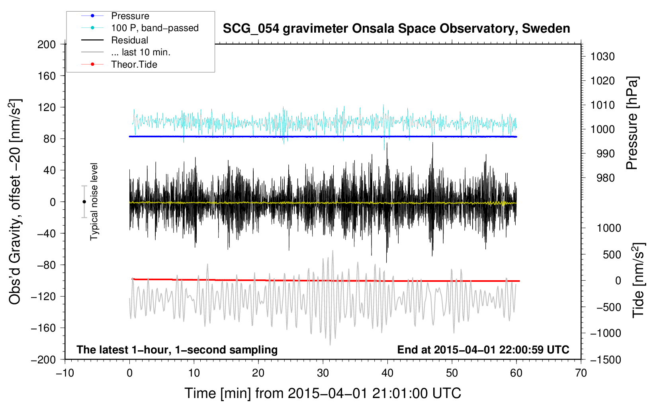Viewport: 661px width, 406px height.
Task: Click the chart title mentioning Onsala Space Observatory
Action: pyautogui.click(x=396, y=29)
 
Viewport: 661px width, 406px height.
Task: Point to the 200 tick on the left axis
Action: pyautogui.click(x=47, y=45)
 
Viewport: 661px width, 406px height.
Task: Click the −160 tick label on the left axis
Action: pyautogui.click(x=43, y=328)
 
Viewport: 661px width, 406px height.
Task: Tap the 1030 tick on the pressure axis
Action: pyautogui.click(x=602, y=57)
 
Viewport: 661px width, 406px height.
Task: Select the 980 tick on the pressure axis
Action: pyautogui.click(x=606, y=178)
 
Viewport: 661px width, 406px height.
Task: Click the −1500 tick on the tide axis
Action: pyautogui.click(x=606, y=360)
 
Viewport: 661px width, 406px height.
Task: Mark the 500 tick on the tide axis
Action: pyautogui.click(x=612, y=254)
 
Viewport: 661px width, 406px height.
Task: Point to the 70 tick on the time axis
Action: pyautogui.click(x=581, y=373)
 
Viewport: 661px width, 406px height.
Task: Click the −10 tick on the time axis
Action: pyautogui.click(x=65, y=373)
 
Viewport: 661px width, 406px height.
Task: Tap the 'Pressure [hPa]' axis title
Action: pyautogui.click(x=632, y=123)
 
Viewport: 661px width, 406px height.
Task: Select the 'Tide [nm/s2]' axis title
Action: pyautogui.click(x=639, y=280)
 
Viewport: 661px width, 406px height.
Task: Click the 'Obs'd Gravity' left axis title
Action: pyautogui.click(x=15, y=202)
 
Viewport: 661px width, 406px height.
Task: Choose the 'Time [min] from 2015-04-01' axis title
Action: pyautogui.click(x=323, y=394)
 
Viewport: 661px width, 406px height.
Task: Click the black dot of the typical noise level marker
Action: pyautogui.click(x=84, y=202)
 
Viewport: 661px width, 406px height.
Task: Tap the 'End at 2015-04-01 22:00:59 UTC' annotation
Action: pyautogui.click(x=483, y=349)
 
